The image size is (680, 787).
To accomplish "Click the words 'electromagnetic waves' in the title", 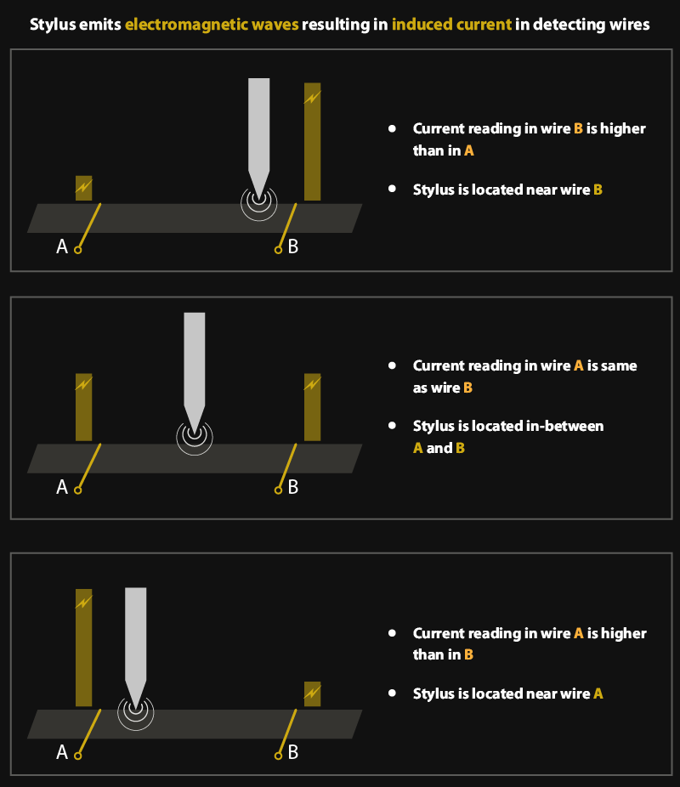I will (x=212, y=25).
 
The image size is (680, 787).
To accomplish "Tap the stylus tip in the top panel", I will (x=258, y=193).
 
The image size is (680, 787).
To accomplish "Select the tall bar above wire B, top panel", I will (x=312, y=142).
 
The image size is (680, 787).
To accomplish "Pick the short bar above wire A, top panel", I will (x=83, y=188).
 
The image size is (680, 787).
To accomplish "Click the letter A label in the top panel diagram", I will (x=61, y=247).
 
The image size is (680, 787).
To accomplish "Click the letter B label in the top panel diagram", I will (x=293, y=247).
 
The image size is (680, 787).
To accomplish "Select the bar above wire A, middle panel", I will (x=83, y=407).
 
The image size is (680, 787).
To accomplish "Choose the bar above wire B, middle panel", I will (x=312, y=407).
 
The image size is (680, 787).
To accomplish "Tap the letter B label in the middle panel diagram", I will (x=293, y=488).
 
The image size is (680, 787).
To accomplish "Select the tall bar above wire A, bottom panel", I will (x=83, y=648).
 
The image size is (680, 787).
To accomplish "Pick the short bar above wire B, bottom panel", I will (x=312, y=694).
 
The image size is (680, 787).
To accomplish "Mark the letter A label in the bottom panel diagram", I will (x=61, y=752).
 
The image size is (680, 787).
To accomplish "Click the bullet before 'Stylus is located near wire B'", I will (x=392, y=190).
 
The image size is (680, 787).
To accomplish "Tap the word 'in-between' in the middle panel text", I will (x=569, y=426).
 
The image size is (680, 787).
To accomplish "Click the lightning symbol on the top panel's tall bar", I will (x=312, y=98).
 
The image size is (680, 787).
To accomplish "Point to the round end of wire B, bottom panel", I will (x=278, y=755).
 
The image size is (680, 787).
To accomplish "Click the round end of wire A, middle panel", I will (x=77, y=490).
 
